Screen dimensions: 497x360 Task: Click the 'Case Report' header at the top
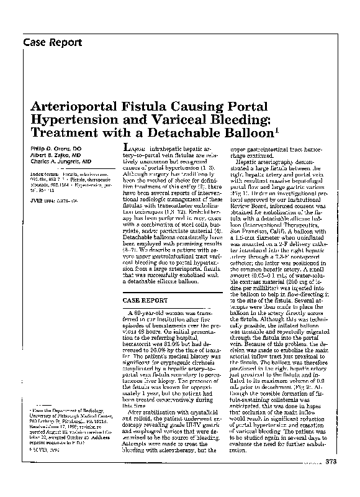(x=52, y=43)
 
